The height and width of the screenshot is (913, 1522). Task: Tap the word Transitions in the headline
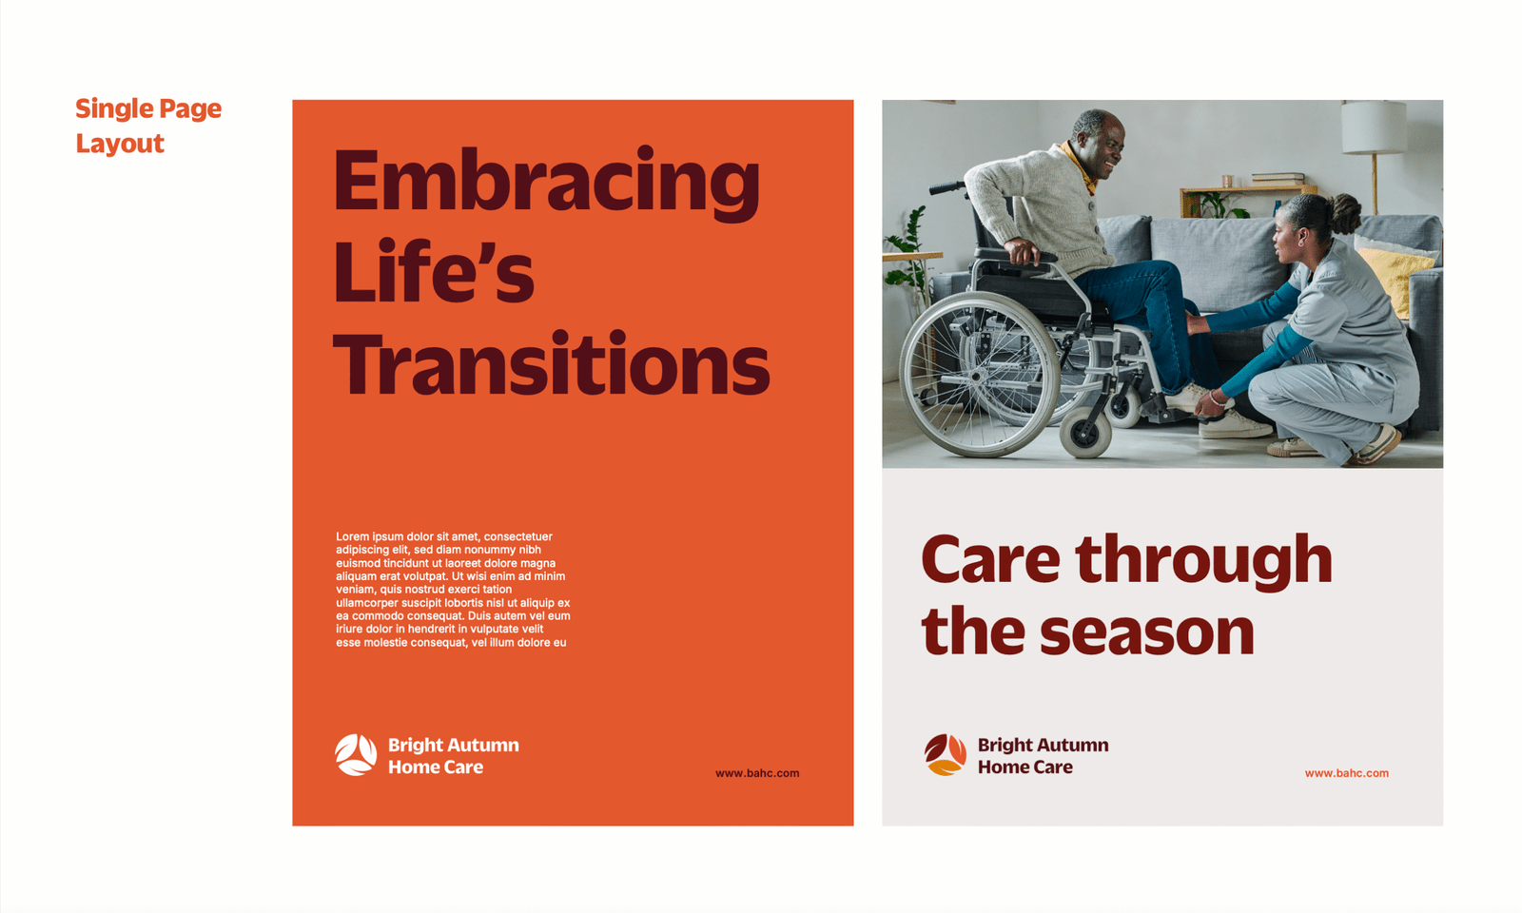click(x=551, y=363)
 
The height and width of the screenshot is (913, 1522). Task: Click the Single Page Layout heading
click(x=148, y=126)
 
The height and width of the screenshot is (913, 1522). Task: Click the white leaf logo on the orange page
click(x=356, y=755)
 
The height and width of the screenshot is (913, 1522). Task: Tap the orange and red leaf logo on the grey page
click(x=946, y=755)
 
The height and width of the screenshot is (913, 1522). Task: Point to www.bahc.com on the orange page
click(x=757, y=773)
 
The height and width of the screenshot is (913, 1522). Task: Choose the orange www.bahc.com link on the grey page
click(x=1347, y=773)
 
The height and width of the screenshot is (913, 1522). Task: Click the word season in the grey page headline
click(x=1147, y=632)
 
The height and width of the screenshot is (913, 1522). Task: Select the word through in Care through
click(x=1203, y=560)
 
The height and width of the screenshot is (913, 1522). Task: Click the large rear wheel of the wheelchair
click(x=979, y=374)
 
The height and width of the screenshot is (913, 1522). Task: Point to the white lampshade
click(x=1374, y=127)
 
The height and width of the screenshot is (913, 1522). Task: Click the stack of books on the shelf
click(x=1278, y=179)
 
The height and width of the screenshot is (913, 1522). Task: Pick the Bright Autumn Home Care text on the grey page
click(x=1043, y=755)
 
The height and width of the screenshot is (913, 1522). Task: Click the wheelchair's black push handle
click(x=947, y=187)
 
